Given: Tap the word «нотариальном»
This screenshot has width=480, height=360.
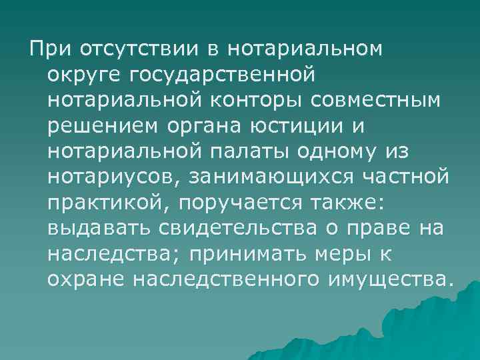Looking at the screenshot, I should tap(307, 49).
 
